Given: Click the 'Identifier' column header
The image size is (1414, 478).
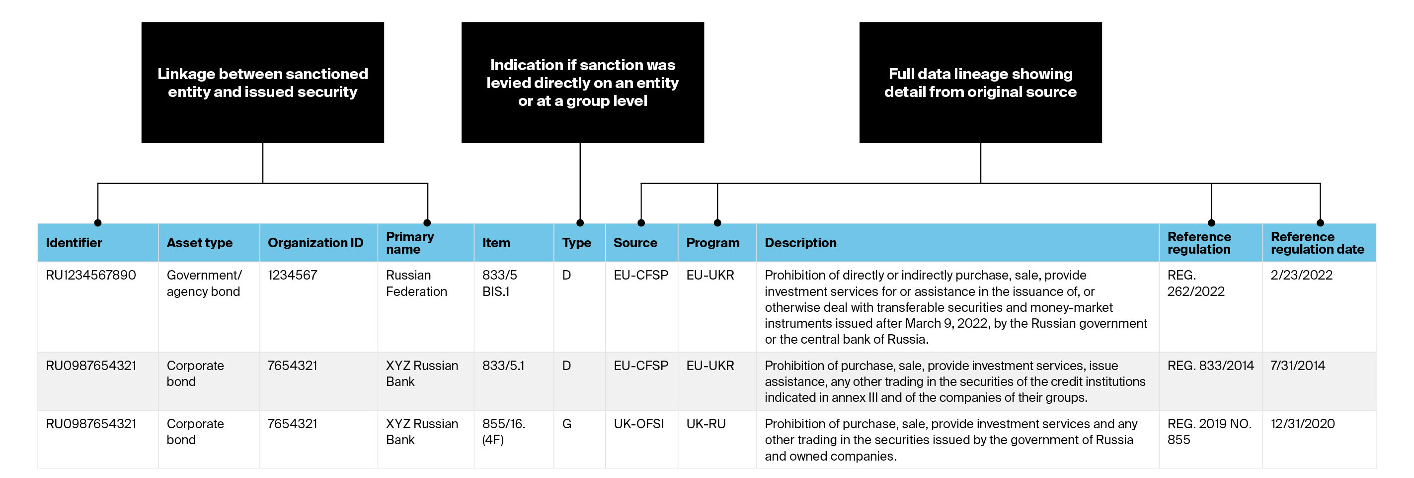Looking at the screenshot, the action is pyautogui.click(x=74, y=243).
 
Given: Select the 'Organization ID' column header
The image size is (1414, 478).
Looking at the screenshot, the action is pyautogui.click(x=315, y=243).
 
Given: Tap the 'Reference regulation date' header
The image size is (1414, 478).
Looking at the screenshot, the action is pyautogui.click(x=1318, y=243).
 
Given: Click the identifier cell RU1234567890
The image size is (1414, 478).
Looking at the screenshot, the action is pyautogui.click(x=91, y=275).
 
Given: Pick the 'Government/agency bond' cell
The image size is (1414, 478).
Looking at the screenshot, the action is pyautogui.click(x=204, y=283).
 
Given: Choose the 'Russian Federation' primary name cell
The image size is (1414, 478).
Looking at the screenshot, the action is pyautogui.click(x=417, y=283).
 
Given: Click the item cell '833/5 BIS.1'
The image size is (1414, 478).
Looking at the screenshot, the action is pyautogui.click(x=499, y=283).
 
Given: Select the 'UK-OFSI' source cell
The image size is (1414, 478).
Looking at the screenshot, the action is pyautogui.click(x=639, y=424).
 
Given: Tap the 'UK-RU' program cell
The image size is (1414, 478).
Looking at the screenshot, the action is pyautogui.click(x=706, y=424).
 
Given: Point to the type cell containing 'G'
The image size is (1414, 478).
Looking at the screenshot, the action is pyautogui.click(x=567, y=424).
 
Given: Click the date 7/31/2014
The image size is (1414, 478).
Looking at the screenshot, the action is pyautogui.click(x=1298, y=366).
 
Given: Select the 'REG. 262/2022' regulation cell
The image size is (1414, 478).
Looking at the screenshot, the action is pyautogui.click(x=1196, y=283).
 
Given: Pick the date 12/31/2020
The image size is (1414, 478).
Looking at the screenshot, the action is pyautogui.click(x=1303, y=424).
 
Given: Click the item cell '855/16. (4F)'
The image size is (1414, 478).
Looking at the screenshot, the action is pyautogui.click(x=504, y=431).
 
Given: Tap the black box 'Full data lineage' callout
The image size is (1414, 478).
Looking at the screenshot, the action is pyautogui.click(x=980, y=83).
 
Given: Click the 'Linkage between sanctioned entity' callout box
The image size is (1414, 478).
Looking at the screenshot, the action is pyautogui.click(x=262, y=83).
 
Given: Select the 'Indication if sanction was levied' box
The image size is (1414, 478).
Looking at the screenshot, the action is pyautogui.click(x=582, y=83).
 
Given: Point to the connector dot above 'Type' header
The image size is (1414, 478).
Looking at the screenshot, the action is pyautogui.click(x=580, y=223).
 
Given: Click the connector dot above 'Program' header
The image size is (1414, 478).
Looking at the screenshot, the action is pyautogui.click(x=717, y=223).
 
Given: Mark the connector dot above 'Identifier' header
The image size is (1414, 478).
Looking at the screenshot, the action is pyautogui.click(x=98, y=223).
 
